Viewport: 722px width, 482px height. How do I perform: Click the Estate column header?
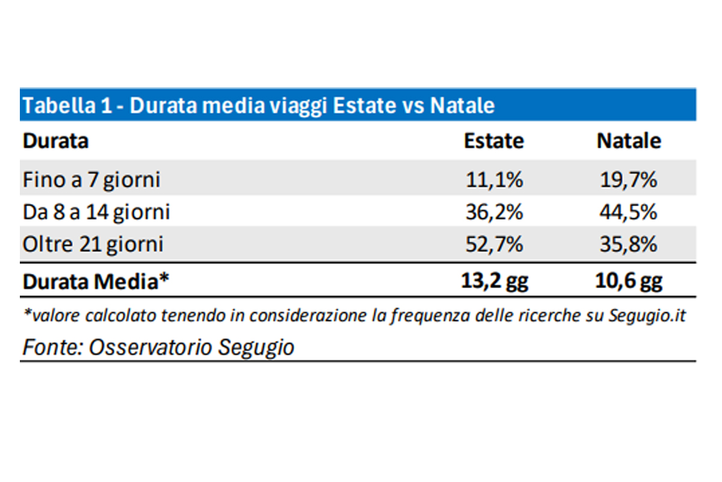click(493, 141)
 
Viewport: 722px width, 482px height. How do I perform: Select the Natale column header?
click(629, 141)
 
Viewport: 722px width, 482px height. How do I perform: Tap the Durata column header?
click(55, 141)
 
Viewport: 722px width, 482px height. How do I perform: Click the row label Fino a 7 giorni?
click(91, 180)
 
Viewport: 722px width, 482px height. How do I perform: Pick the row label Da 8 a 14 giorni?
click(96, 212)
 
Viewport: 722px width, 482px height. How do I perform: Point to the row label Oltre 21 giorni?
click(93, 245)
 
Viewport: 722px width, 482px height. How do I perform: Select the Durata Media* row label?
click(94, 281)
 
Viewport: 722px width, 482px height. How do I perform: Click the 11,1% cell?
click(493, 180)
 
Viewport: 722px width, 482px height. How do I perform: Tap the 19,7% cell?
click(629, 180)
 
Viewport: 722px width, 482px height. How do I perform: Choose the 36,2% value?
click(493, 212)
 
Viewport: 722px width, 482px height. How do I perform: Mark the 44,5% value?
click(629, 212)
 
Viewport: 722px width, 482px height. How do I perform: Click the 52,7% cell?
click(493, 245)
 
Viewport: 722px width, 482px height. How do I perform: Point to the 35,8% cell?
click(629, 245)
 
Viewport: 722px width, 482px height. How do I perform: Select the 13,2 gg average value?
click(493, 281)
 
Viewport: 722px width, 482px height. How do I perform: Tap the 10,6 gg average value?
click(629, 281)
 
